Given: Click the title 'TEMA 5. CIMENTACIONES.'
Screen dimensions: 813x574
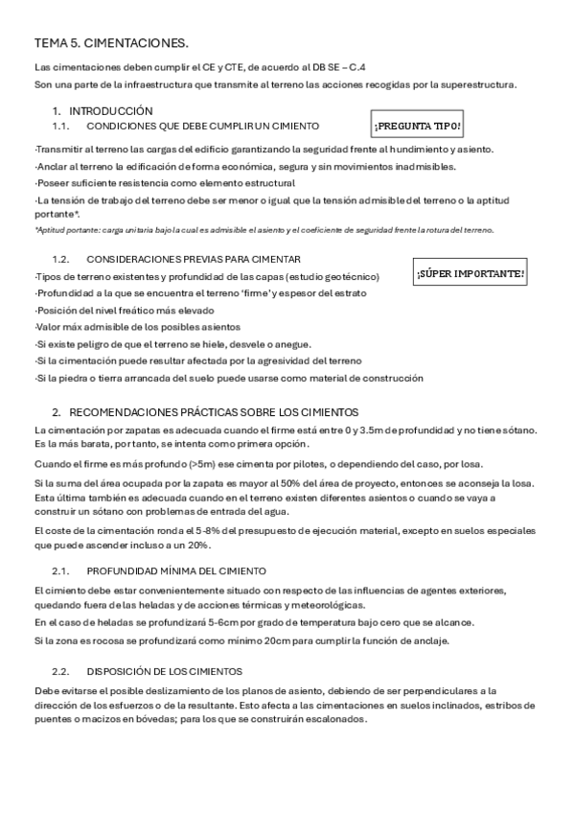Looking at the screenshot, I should pyautogui.click(x=111, y=43).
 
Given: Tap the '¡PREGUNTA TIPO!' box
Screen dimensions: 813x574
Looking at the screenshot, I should pyautogui.click(x=419, y=126).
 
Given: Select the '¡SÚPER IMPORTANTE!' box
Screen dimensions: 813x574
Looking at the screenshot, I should pyautogui.click(x=471, y=274).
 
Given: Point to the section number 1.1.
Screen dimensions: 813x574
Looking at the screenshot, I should pyautogui.click(x=60, y=126).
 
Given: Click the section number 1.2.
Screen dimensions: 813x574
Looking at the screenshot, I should pyautogui.click(x=60, y=259).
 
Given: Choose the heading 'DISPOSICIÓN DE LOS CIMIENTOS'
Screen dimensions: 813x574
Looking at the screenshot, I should pyautogui.click(x=164, y=670).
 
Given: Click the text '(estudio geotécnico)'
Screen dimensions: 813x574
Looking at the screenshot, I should pyautogui.click(x=333, y=276).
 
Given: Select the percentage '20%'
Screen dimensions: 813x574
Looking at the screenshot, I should pyautogui.click(x=197, y=545).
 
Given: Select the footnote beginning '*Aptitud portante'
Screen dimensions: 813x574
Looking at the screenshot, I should pyautogui.click(x=264, y=229).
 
